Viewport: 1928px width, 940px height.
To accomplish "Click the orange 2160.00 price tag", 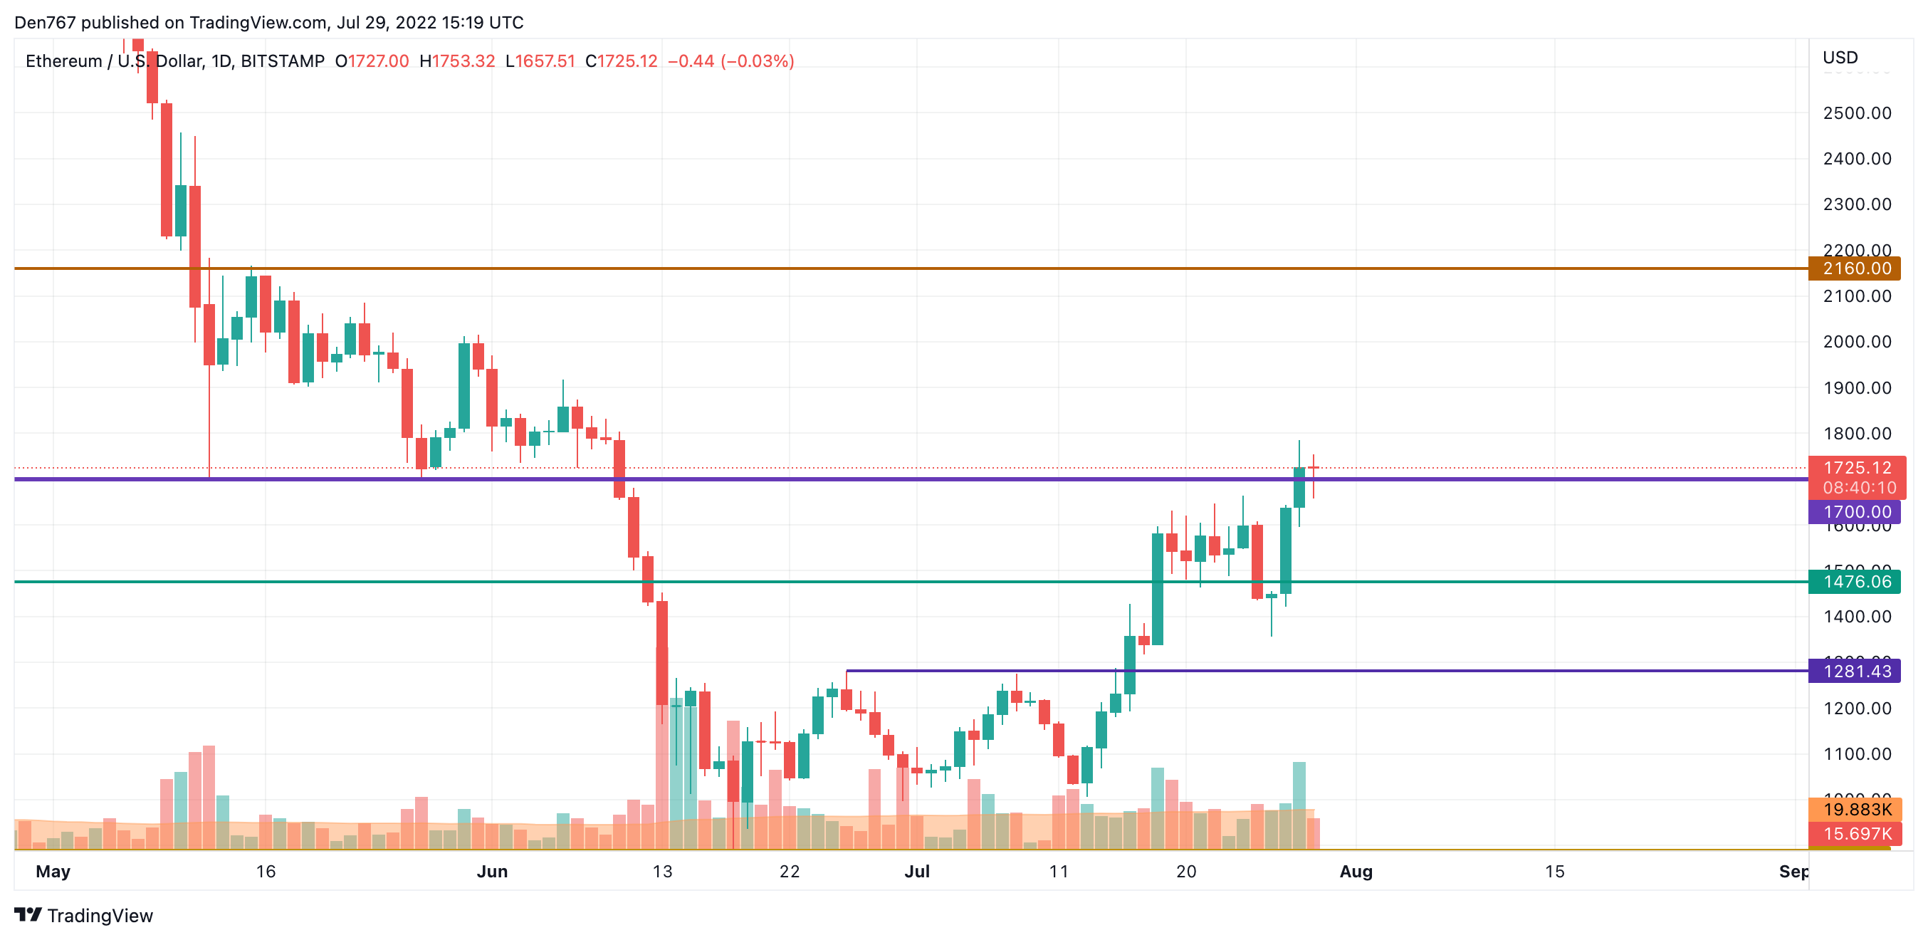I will coord(1855,268).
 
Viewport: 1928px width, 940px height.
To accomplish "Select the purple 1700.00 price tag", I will coord(1855,512).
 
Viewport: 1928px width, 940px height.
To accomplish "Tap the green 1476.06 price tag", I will coord(1855,582).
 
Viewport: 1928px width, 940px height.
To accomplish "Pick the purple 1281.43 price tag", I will coord(1855,671).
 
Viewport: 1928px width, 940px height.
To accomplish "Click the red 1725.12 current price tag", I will coord(1856,469).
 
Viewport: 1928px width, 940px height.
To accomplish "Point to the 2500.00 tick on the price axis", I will coord(1856,113).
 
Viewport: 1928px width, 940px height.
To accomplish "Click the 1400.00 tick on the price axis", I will coord(1856,617).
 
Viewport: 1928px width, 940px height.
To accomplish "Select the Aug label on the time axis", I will coord(1356,871).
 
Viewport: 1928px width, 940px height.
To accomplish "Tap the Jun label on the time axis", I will coord(492,871).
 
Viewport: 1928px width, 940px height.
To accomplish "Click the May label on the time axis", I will coord(53,871).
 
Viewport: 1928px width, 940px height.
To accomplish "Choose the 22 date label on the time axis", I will coord(789,871).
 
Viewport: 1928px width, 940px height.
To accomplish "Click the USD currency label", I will coord(1840,58).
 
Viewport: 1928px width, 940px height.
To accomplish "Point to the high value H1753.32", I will coord(456,61).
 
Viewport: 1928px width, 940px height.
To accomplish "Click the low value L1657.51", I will coord(540,61).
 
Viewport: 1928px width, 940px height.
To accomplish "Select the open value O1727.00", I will coord(372,61).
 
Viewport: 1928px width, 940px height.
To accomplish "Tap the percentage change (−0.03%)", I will coord(757,61).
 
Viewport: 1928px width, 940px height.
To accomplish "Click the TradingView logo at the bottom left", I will coord(83,915).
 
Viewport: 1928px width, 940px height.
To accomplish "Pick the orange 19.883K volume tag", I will coord(1856,809).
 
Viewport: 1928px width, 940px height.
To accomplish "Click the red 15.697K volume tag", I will coord(1856,833).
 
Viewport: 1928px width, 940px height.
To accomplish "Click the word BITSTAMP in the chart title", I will coord(282,61).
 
